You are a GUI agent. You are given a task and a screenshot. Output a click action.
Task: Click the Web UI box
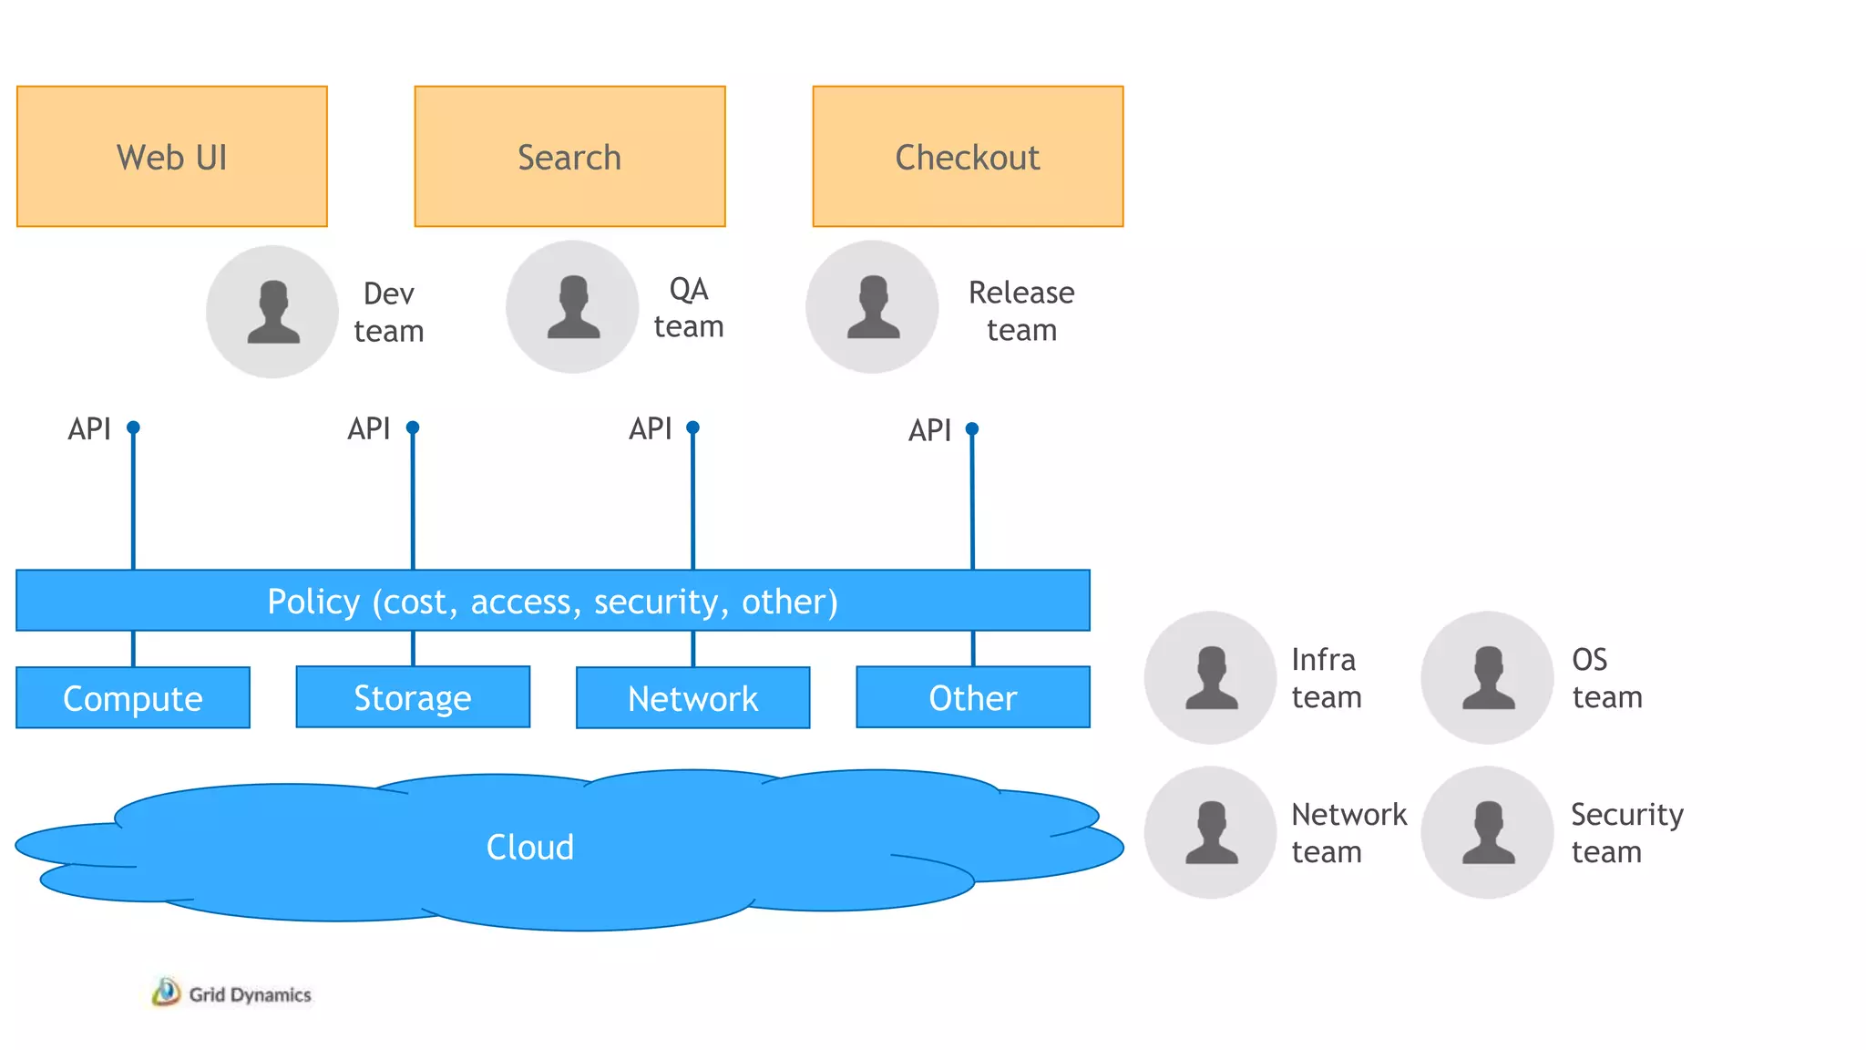(172, 157)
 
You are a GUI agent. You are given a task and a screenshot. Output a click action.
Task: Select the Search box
(569, 157)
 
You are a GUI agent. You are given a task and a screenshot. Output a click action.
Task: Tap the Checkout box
(968, 157)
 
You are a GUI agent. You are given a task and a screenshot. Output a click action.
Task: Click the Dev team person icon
(272, 311)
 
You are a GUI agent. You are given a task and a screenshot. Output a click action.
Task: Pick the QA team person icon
(572, 306)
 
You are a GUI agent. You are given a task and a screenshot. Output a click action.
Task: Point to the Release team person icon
(872, 306)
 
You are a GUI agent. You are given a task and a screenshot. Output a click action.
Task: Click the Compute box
(133, 698)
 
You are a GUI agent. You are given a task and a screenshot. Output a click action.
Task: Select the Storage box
(413, 697)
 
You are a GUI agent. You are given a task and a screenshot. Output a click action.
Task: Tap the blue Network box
(692, 698)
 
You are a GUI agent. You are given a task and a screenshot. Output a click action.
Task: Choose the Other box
(973, 697)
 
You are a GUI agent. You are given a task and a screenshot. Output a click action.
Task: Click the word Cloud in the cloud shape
(529, 848)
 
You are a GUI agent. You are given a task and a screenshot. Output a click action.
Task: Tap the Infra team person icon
(1210, 677)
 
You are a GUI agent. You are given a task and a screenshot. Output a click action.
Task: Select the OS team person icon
(1487, 677)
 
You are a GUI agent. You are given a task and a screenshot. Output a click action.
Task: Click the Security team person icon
(1487, 832)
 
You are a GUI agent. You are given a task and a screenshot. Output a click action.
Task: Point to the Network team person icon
(1210, 832)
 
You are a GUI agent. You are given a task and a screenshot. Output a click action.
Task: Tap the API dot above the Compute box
(133, 427)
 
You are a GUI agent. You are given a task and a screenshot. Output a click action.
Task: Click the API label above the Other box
(929, 430)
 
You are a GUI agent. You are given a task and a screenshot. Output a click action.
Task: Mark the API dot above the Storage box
(413, 427)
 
